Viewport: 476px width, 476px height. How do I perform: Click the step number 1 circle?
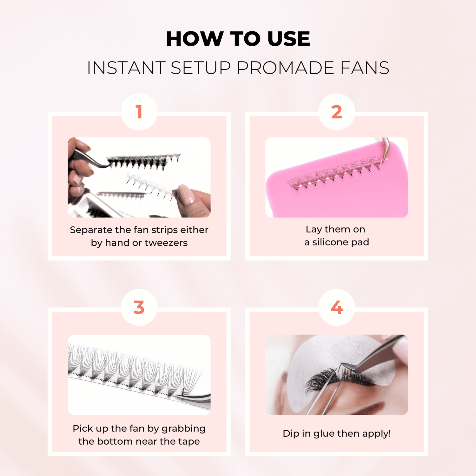(139, 112)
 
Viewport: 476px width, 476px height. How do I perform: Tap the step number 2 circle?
(337, 112)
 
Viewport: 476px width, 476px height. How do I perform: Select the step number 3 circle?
(139, 307)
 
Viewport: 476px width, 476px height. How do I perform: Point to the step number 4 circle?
(337, 307)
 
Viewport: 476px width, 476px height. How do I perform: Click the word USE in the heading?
(288, 39)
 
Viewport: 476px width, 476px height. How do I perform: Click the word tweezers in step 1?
(166, 243)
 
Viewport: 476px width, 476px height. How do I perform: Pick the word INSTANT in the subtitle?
(126, 68)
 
